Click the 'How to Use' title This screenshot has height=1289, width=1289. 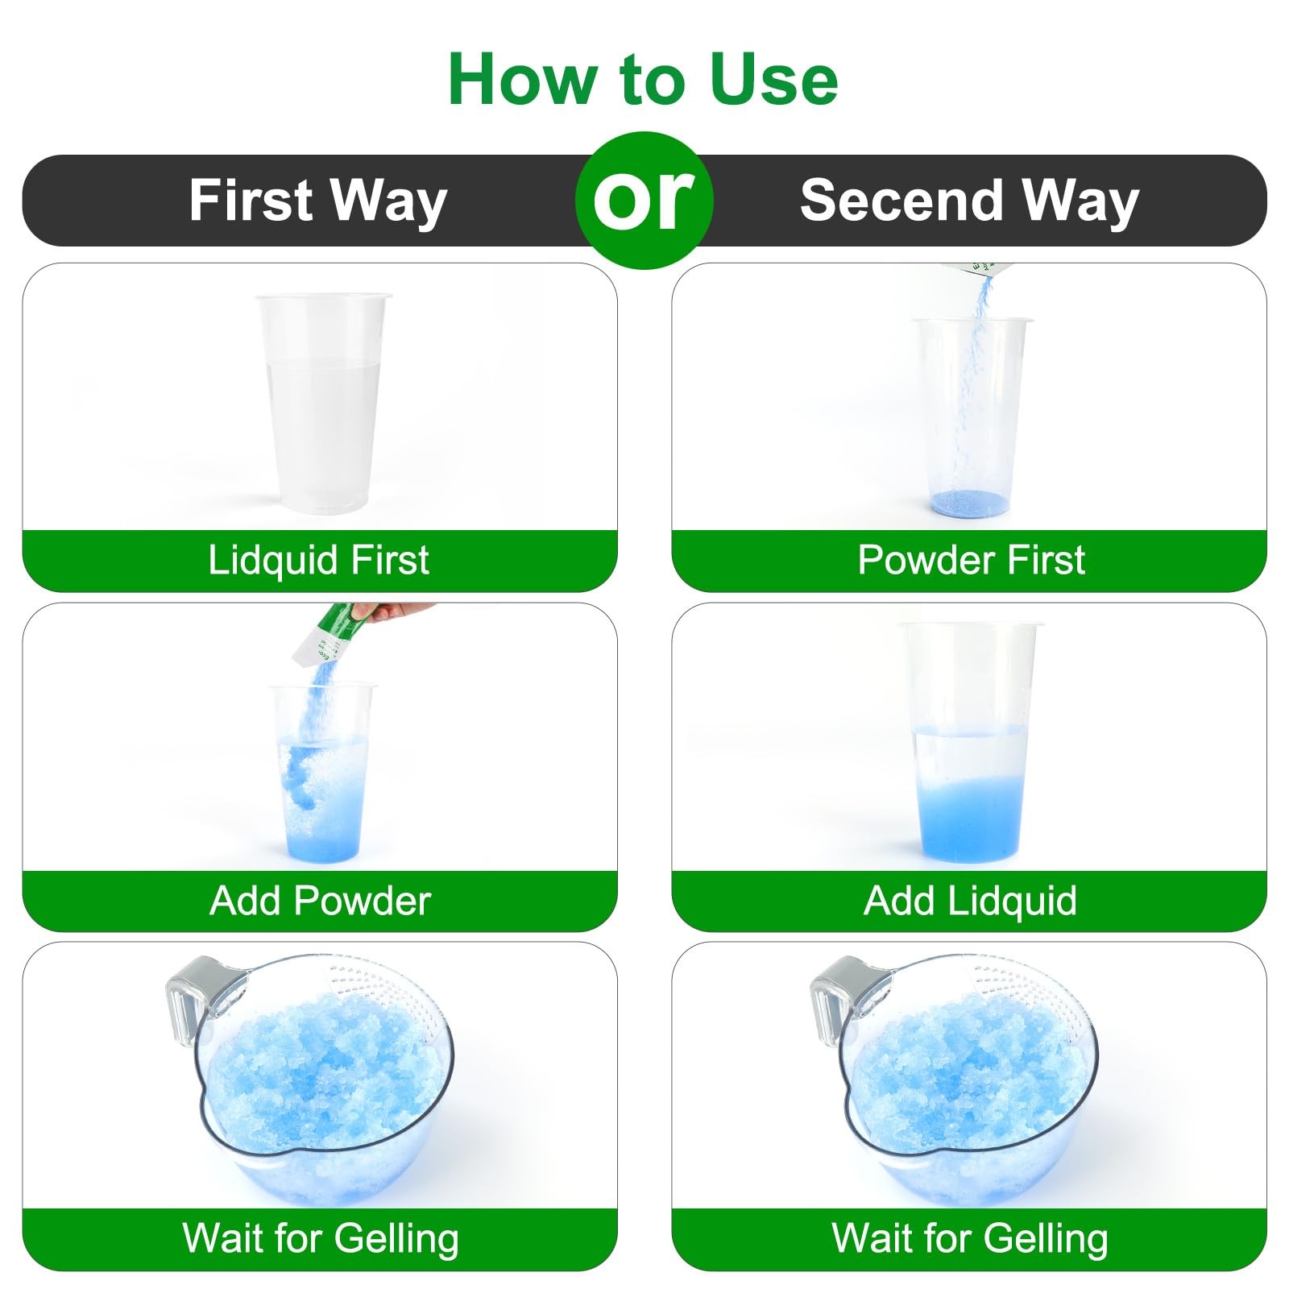coord(643,79)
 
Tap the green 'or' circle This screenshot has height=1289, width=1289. coord(644,200)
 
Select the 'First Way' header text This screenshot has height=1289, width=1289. coord(318,201)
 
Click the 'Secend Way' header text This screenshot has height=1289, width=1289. coord(969,201)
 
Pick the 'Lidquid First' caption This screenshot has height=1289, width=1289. coord(319,560)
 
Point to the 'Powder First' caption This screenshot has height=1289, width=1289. coord(972,560)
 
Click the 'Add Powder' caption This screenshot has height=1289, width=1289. coord(321,901)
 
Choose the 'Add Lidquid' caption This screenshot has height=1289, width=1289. coord(970,901)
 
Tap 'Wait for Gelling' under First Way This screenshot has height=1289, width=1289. coord(321,1238)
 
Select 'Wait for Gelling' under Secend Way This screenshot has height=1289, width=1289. coord(970,1238)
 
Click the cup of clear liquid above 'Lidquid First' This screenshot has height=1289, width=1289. coord(322,403)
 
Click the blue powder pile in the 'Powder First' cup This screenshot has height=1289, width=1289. coord(970,504)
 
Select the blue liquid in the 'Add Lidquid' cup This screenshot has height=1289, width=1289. coord(971,818)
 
